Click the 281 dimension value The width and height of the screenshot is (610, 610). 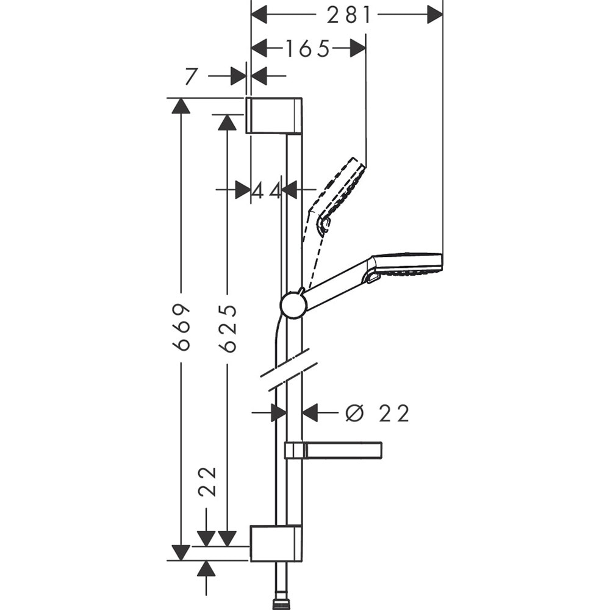348,15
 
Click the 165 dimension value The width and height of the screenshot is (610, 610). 307,48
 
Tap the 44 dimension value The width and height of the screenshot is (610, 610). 267,190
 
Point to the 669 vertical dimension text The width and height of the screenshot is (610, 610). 181,327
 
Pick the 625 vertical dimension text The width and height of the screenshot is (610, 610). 228,328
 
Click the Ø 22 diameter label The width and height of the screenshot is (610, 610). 377,414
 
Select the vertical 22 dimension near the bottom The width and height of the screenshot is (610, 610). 207,482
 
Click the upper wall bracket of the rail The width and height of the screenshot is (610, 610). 274,115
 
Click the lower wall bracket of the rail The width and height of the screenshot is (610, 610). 276,544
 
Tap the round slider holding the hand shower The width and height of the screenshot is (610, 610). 293,304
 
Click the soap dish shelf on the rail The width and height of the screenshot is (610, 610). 334,450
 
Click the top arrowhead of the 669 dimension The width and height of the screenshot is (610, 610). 181,106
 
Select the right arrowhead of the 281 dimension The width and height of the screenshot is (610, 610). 434,15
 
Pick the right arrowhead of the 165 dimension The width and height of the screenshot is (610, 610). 357,48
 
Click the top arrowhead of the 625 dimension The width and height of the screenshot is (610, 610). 227,121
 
